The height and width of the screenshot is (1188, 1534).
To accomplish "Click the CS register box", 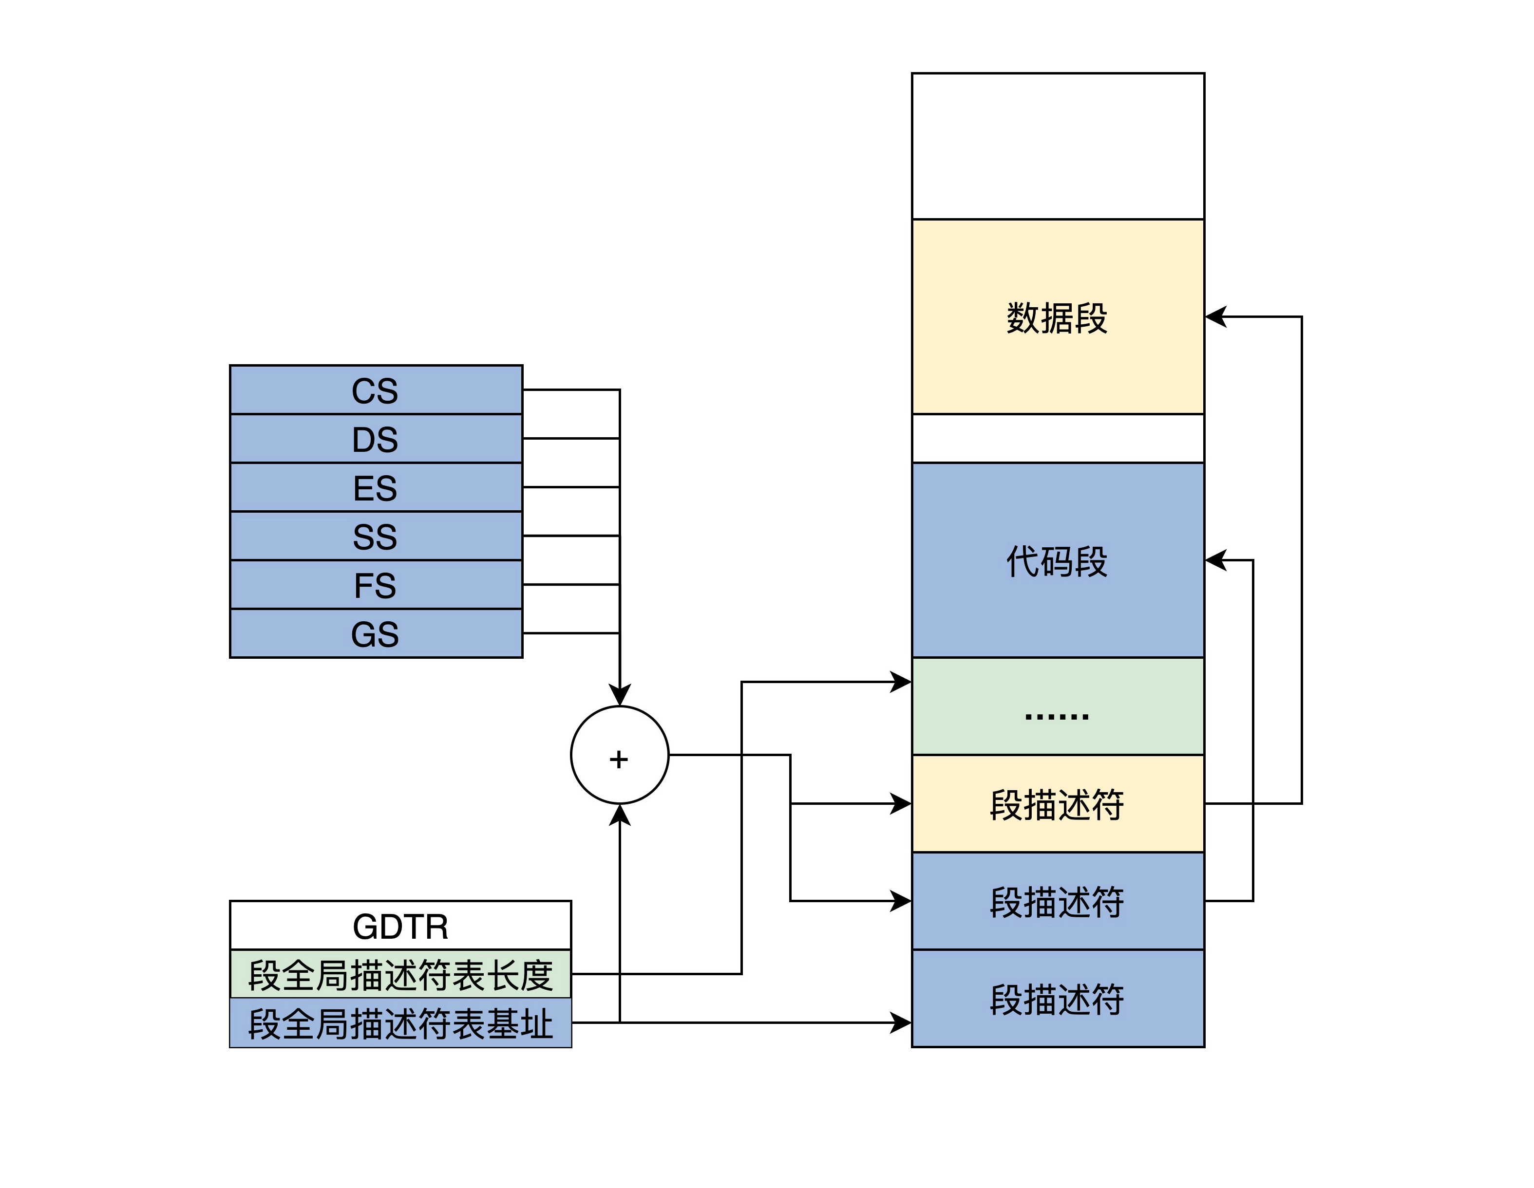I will click(x=376, y=390).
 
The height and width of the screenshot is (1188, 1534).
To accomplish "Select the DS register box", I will click(x=376, y=439).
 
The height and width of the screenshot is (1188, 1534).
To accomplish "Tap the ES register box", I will click(x=376, y=487).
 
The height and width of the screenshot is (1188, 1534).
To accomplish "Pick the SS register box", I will click(x=376, y=537).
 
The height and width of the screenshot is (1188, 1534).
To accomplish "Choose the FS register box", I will click(x=376, y=585).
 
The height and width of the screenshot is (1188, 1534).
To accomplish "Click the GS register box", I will click(x=376, y=633).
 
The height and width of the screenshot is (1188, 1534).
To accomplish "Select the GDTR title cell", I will click(x=400, y=926).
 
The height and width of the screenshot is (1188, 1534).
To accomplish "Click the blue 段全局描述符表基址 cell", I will click(x=400, y=1023).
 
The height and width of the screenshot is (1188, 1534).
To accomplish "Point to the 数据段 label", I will click(x=1057, y=317).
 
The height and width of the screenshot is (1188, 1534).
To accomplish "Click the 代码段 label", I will click(x=1057, y=561).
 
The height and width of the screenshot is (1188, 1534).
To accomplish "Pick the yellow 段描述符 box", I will click(x=1057, y=804).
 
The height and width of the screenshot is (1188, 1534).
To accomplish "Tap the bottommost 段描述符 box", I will click(x=1057, y=999).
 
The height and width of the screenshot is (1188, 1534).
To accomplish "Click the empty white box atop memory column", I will click(x=1057, y=146).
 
